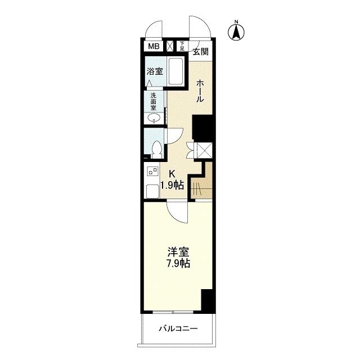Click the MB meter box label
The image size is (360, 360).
pos(154,46)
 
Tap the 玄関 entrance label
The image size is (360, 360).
pos(200,52)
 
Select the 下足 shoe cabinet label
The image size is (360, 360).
pos(182,46)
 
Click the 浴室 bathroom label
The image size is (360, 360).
pos(155,71)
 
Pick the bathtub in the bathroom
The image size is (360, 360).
pos(176,71)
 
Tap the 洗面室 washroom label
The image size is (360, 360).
pos(154,101)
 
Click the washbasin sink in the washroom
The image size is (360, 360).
pos(154,119)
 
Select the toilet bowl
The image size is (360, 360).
pos(157,149)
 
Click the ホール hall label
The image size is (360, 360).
pos(200,91)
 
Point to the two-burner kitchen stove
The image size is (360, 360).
pos(152,172)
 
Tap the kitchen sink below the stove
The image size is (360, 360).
pos(152,191)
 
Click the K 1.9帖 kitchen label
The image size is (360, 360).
pos(172,180)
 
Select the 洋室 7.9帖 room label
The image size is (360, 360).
pos(178,258)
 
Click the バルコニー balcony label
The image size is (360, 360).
pos(178,328)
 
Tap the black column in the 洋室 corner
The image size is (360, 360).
pos(207,300)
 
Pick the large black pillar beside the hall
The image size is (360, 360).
pos(202,128)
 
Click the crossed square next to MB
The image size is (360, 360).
pos(170,46)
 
